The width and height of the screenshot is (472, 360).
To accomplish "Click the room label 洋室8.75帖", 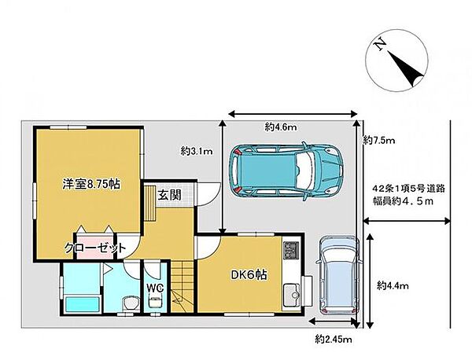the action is click(91, 184).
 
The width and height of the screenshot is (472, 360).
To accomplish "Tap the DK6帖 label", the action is click(249, 274).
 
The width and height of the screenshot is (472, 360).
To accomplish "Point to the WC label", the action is click(155, 288).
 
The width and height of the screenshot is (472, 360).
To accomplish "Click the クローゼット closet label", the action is click(95, 248).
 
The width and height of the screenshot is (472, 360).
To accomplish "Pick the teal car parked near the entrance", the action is click(286, 171).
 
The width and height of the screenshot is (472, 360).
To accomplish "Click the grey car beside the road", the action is click(339, 276).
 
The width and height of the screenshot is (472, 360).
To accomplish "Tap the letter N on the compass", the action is click(380, 45).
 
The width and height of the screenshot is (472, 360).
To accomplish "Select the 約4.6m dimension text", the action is click(281, 127).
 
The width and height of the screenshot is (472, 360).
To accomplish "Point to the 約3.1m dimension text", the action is click(197, 151).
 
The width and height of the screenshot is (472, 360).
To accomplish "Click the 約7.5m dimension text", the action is click(379, 140).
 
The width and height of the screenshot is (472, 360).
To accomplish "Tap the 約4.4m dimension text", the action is click(393, 285).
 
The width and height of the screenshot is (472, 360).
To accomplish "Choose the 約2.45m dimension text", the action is click(334, 340).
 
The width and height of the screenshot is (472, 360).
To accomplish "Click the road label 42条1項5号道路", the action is click(409, 189).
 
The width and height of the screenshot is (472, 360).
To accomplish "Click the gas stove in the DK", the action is click(291, 251).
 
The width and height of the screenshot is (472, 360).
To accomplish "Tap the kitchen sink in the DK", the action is click(292, 295).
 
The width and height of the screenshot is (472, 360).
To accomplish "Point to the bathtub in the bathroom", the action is click(82, 304).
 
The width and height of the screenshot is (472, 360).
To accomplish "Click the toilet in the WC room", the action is click(155, 301).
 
